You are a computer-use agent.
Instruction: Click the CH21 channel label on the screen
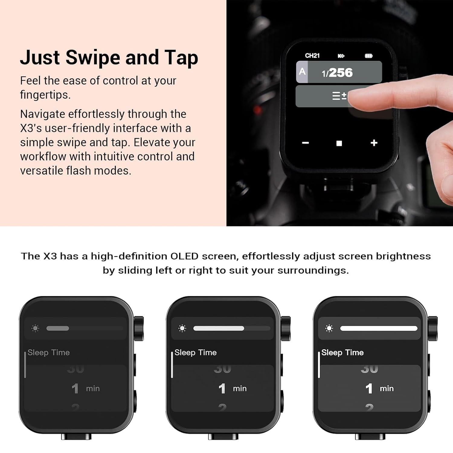click(312, 56)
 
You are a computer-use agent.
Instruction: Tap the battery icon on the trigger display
click(368, 56)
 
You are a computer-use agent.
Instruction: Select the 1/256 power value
click(337, 73)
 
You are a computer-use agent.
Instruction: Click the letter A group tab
click(302, 72)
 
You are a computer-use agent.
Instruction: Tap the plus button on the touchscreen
click(374, 143)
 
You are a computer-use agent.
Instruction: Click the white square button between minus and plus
click(339, 143)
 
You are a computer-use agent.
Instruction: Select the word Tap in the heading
click(181, 57)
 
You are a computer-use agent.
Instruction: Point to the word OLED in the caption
click(184, 256)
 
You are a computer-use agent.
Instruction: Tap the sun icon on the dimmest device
click(35, 328)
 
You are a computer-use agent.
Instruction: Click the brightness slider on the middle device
click(219, 328)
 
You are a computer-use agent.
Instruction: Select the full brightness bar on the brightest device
click(379, 328)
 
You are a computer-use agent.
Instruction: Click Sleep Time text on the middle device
click(195, 352)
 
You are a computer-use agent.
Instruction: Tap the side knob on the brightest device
click(432, 329)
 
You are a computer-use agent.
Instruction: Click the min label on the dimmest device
click(93, 389)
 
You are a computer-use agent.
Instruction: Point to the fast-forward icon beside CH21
click(341, 56)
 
